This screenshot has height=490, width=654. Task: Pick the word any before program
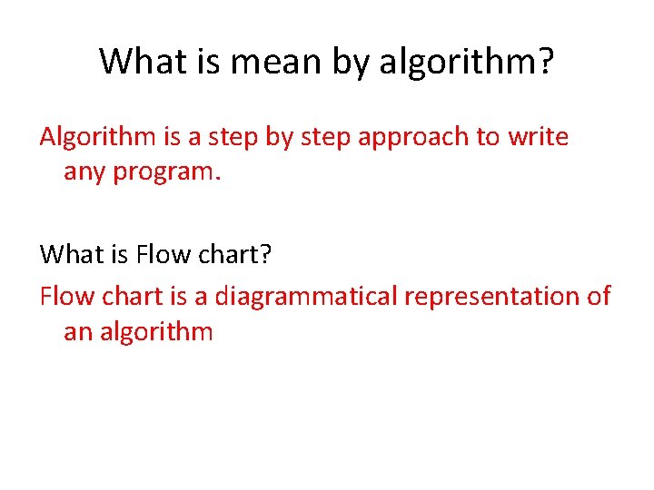pyautogui.click(x=84, y=171)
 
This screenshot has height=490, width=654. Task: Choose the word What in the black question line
pyautogui.click(x=68, y=255)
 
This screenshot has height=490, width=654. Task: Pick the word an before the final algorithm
pyautogui.click(x=76, y=331)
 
